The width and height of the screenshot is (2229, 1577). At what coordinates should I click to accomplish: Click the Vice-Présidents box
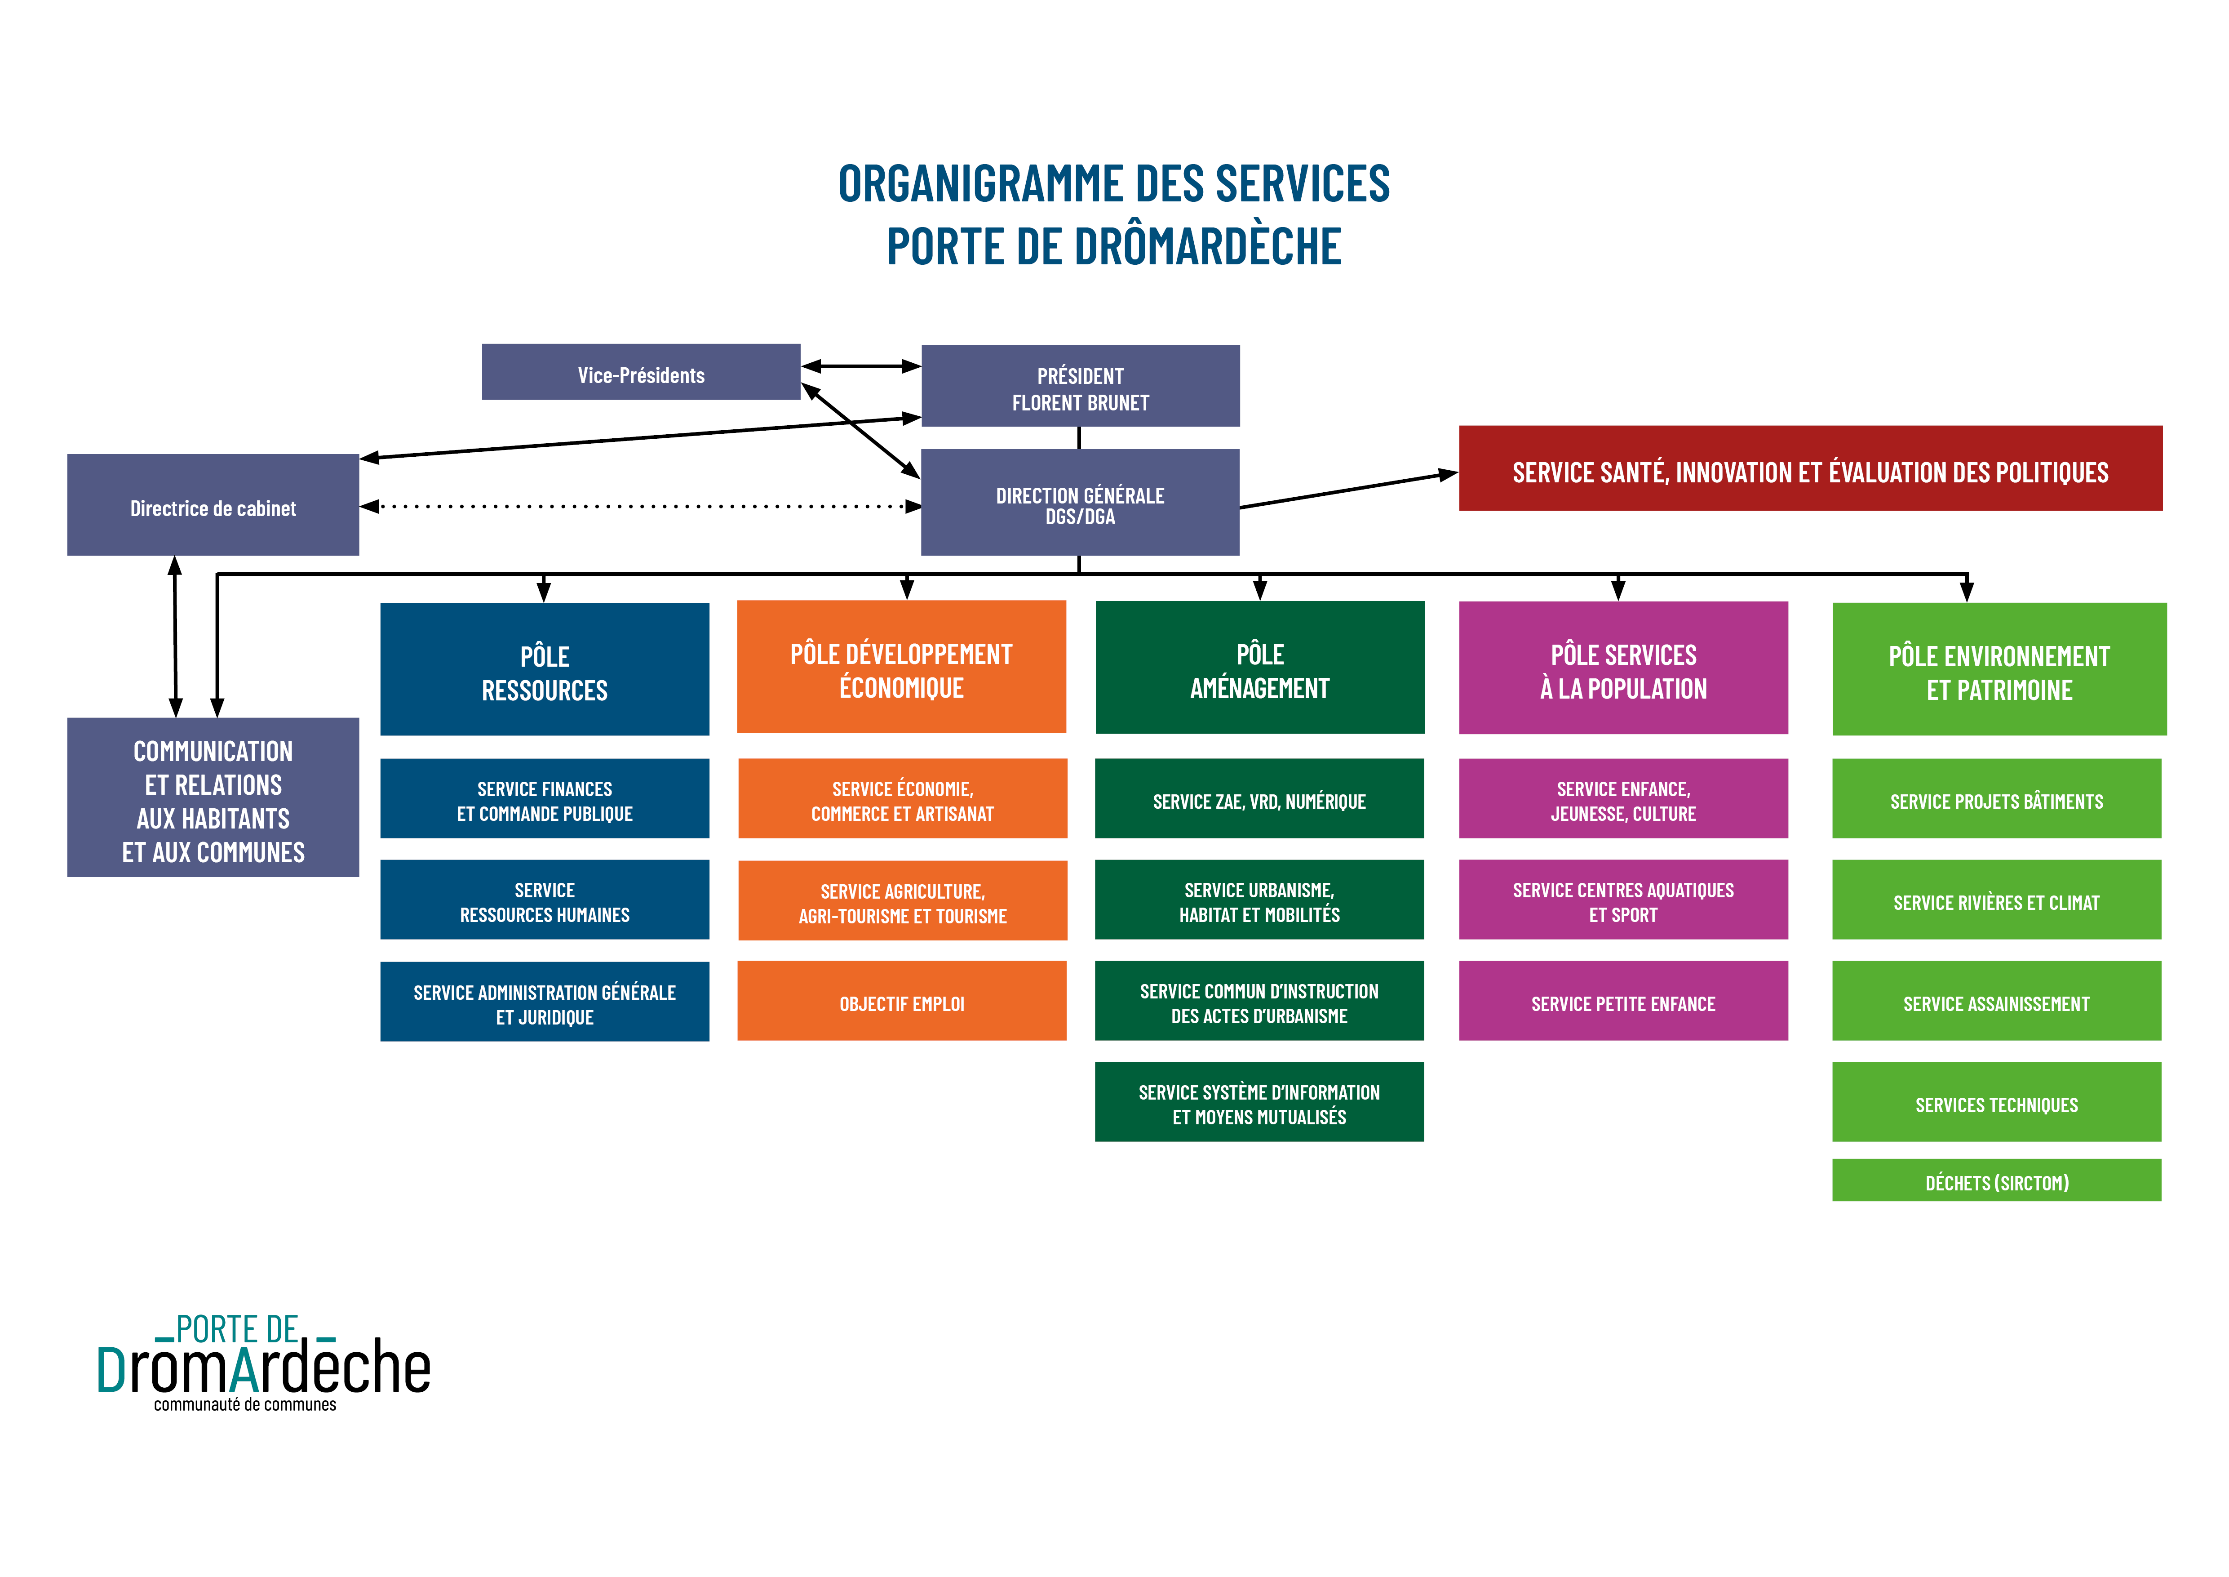coord(641,372)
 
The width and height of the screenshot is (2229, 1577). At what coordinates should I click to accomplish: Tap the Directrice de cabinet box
coord(213,505)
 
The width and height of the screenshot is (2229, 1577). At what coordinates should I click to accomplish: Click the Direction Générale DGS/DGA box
coord(1081,502)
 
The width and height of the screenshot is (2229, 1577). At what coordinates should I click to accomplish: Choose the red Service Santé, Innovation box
coord(1811,468)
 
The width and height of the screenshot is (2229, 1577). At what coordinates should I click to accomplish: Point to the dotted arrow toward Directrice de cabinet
coord(641,506)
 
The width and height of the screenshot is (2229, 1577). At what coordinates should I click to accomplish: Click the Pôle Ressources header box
coord(545,669)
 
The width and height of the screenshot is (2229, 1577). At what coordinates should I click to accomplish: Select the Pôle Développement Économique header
coord(902,667)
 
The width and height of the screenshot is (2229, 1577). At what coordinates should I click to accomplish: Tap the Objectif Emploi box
coord(902,1001)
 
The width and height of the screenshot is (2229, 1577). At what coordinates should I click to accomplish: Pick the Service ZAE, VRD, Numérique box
coord(1259,798)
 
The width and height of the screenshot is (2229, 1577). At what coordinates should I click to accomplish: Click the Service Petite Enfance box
coord(1623,1001)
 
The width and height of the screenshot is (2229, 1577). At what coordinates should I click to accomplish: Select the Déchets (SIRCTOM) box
coord(1997,1180)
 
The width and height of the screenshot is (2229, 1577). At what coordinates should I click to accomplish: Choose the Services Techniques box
coord(1997,1102)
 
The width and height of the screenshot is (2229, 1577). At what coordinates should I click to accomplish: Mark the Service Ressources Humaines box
coord(545,900)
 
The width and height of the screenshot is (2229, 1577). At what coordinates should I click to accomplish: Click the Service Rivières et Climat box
coord(1997,900)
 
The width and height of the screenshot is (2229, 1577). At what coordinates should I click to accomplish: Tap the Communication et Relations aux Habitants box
coord(213,797)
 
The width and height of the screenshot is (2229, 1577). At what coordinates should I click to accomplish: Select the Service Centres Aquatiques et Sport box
coord(1623,900)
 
